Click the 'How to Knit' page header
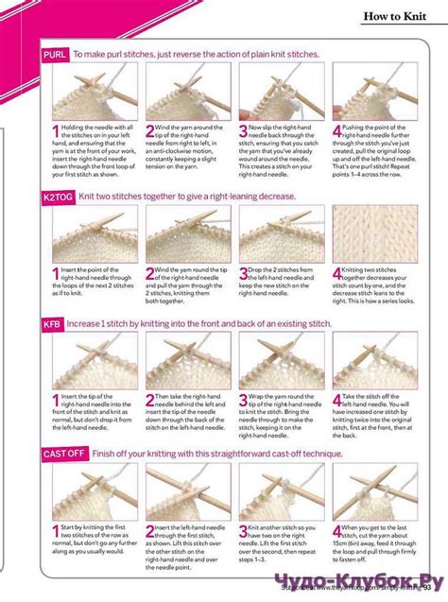(x=398, y=16)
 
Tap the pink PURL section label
(x=54, y=56)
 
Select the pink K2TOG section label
(x=58, y=196)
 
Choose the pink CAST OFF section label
(x=64, y=454)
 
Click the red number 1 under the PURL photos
(x=55, y=134)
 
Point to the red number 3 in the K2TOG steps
(x=243, y=275)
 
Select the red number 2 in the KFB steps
(x=150, y=402)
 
